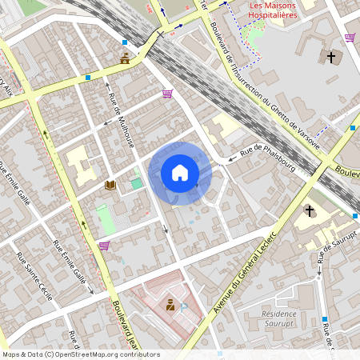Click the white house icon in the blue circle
[180, 172]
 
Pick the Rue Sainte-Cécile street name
[34, 275]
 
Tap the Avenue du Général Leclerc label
[239, 275]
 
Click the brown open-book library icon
[110, 185]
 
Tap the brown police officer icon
[170, 304]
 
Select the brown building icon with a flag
[126, 58]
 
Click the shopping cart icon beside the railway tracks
[167, 94]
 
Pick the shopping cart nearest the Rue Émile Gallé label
[104, 246]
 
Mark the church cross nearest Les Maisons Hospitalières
[331, 57]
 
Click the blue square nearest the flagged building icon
[125, 42]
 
